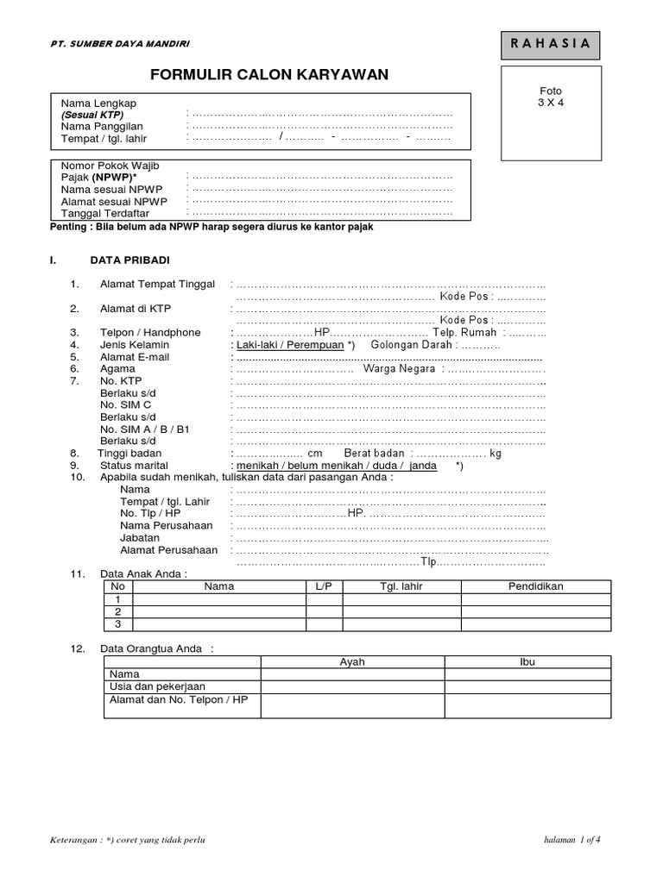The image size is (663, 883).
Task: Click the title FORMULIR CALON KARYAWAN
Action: (269, 75)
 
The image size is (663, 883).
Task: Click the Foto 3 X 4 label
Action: (550, 97)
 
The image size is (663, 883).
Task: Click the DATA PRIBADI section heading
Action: (130, 260)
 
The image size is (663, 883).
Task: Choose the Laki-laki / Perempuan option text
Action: (288, 345)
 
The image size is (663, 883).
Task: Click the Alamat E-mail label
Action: (135, 357)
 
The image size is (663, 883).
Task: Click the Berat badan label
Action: (375, 453)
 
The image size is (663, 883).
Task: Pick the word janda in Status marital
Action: (423, 465)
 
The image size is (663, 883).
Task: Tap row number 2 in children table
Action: (117, 611)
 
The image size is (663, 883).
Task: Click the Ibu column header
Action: (527, 661)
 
